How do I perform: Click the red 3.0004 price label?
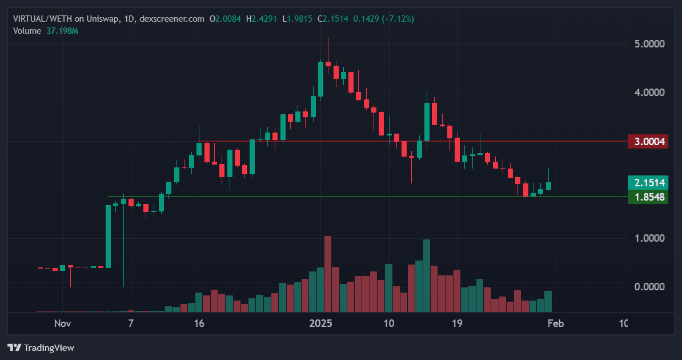pyautogui.click(x=648, y=142)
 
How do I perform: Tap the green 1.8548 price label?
pyautogui.click(x=648, y=197)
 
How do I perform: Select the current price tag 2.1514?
pyautogui.click(x=648, y=183)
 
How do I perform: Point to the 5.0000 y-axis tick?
pyautogui.click(x=649, y=44)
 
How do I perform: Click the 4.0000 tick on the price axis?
pyautogui.click(x=649, y=93)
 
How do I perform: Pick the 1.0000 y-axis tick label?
pyautogui.click(x=649, y=238)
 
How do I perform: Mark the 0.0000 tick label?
pyautogui.click(x=649, y=287)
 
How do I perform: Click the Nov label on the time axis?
pyautogui.click(x=63, y=323)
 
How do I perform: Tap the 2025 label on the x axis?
pyautogui.click(x=320, y=323)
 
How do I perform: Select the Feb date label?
pyautogui.click(x=555, y=323)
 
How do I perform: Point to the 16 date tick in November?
pyautogui.click(x=199, y=323)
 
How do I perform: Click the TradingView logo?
pyautogui.click(x=41, y=348)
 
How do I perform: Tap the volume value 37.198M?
pyautogui.click(x=62, y=31)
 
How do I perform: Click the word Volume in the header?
pyautogui.click(x=27, y=31)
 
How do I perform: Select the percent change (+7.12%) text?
pyautogui.click(x=398, y=19)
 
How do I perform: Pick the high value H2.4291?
pyautogui.click(x=262, y=19)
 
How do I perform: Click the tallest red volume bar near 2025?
pyautogui.click(x=328, y=274)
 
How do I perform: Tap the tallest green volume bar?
pyautogui.click(x=427, y=276)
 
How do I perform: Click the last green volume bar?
pyautogui.click(x=548, y=302)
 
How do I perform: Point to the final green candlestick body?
pyautogui.click(x=548, y=186)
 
